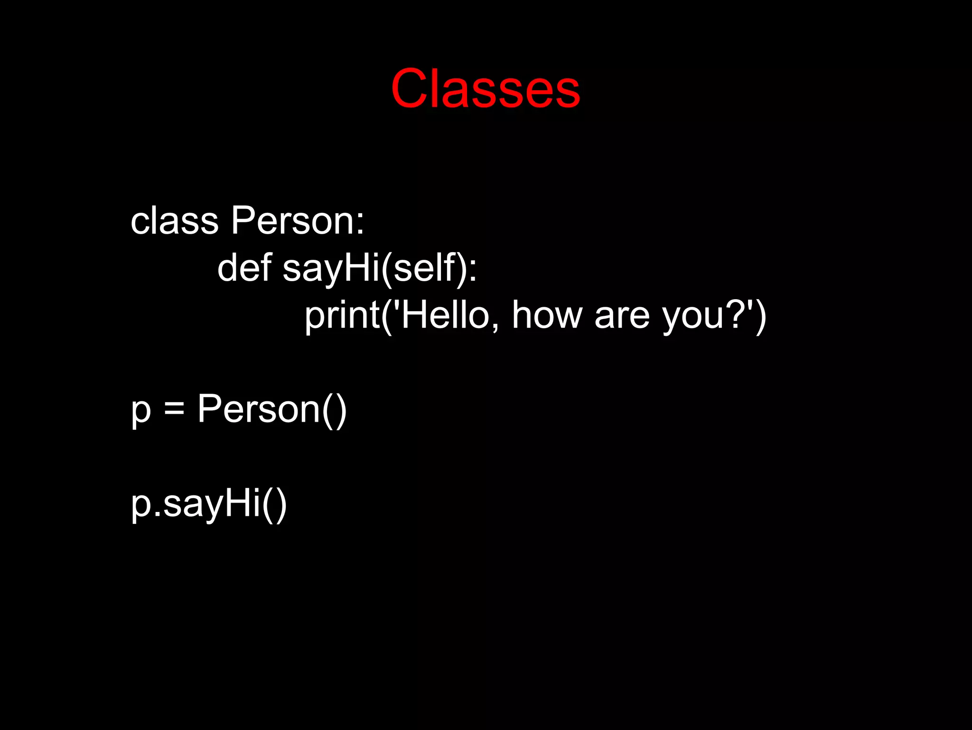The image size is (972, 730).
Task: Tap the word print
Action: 342,316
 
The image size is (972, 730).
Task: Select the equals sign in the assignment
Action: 174,409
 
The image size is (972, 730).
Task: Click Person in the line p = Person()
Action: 259,409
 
